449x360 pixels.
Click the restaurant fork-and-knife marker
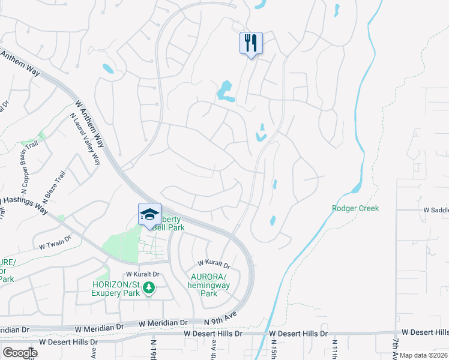[x=251, y=43]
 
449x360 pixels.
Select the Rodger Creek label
[x=355, y=208]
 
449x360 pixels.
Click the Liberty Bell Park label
[x=165, y=224]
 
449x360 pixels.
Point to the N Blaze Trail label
[x=52, y=187]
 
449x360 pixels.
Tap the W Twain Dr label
[x=55, y=246]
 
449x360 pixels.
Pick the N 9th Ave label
[x=221, y=322]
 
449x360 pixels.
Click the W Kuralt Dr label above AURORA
[x=214, y=264]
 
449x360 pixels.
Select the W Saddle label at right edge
[x=435, y=210]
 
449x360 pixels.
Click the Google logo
[x=20, y=352]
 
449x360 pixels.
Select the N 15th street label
[x=273, y=349]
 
